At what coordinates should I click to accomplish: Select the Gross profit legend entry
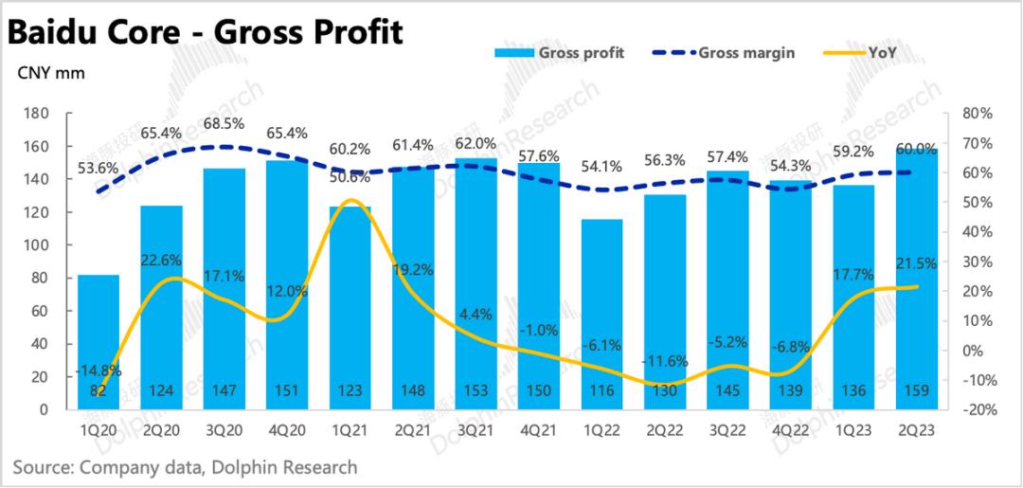tap(560, 53)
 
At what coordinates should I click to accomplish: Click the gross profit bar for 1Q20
tap(99, 341)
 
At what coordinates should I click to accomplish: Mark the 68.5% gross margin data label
tap(224, 124)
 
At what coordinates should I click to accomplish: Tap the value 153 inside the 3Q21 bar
tap(475, 391)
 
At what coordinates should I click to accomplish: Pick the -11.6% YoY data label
tap(663, 361)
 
